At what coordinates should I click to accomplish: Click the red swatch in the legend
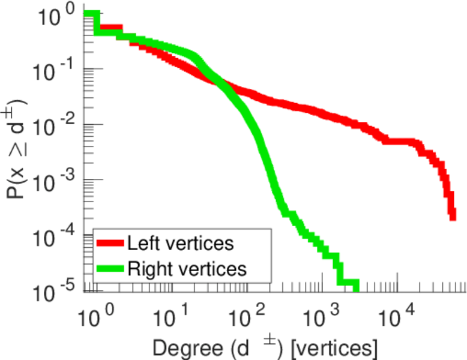(111, 244)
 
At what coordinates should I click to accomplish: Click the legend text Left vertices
(180, 244)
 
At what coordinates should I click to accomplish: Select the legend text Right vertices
(187, 269)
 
